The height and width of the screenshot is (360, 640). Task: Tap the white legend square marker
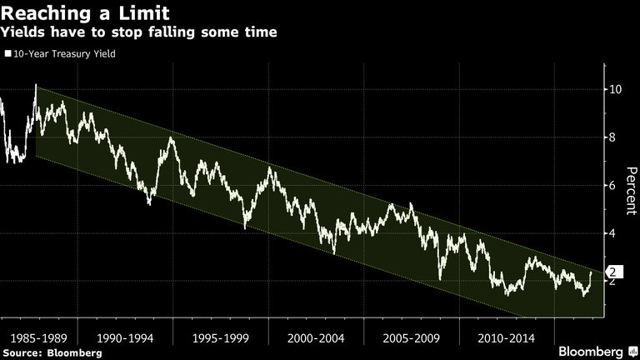click(7, 53)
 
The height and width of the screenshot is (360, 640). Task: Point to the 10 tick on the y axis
click(614, 89)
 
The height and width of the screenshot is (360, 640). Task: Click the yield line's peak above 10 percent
click(35, 85)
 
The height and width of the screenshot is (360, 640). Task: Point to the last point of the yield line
click(592, 272)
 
